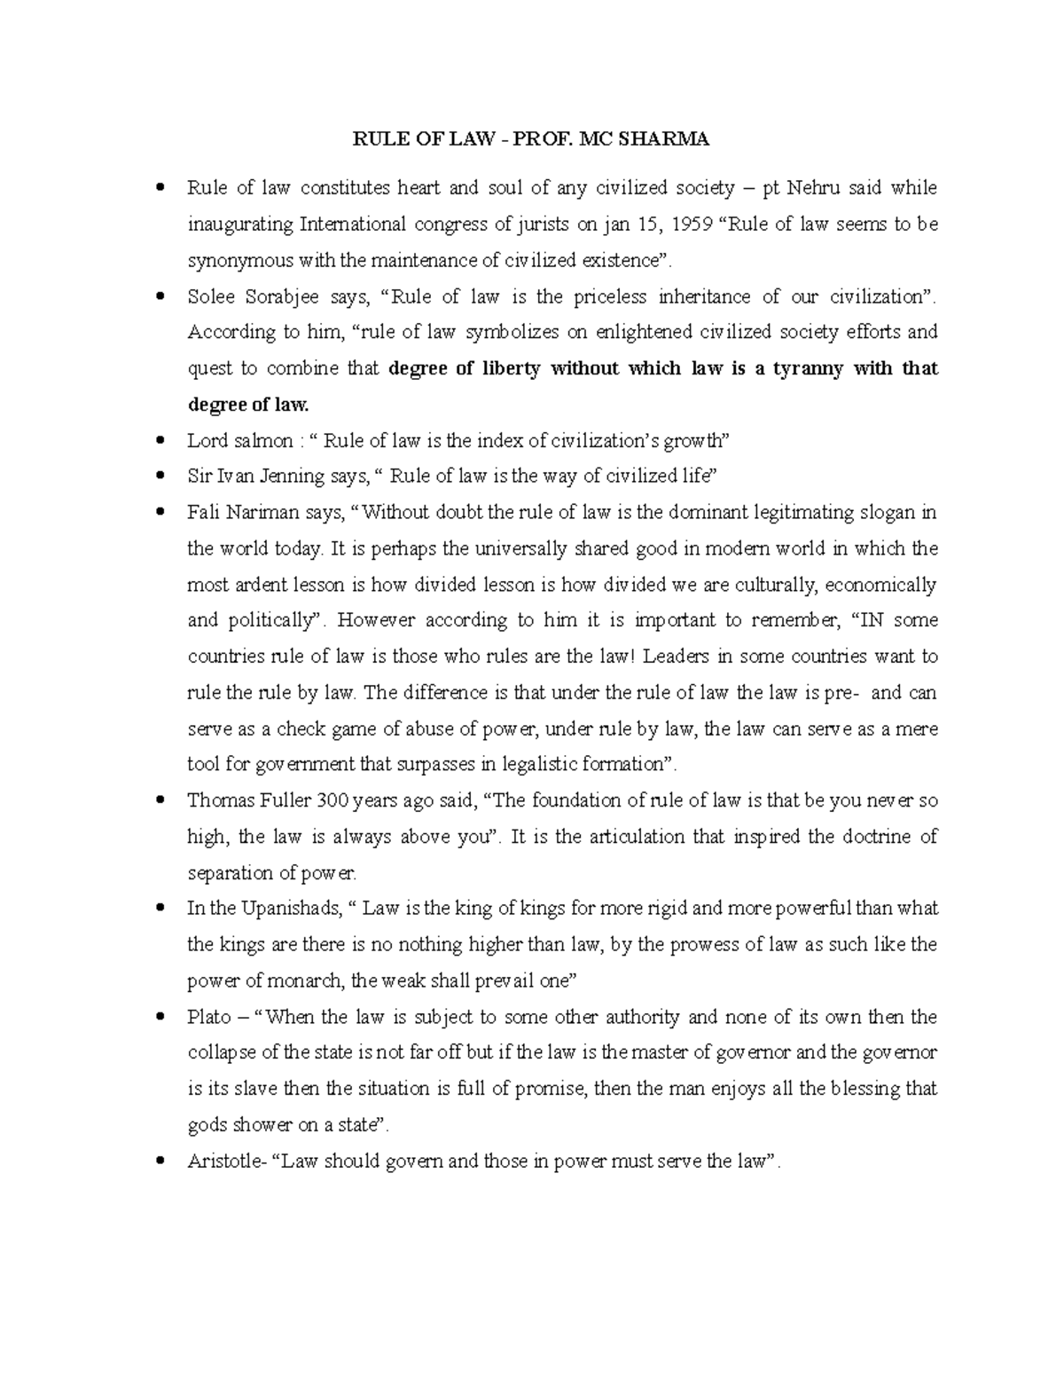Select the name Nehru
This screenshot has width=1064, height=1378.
[x=811, y=188]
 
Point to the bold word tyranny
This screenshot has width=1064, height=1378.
[x=805, y=368]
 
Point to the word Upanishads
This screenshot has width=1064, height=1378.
[x=290, y=909]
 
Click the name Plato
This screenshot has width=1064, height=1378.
[x=209, y=1017]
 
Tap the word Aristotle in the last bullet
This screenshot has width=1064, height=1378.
[x=221, y=1161]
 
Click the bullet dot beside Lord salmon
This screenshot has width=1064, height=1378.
[x=160, y=440]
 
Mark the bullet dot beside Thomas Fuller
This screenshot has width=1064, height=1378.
[x=160, y=800]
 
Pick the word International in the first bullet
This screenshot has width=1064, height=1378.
[x=351, y=224]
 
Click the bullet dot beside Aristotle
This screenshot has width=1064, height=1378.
[x=160, y=1161]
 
